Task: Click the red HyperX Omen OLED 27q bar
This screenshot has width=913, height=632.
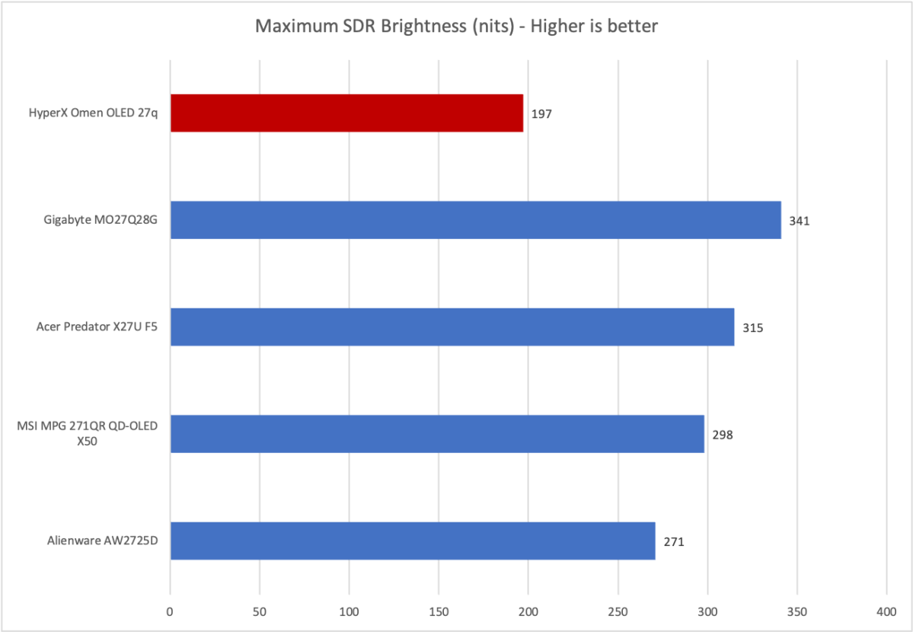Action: point(346,113)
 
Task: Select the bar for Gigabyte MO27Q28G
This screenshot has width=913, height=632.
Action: point(475,220)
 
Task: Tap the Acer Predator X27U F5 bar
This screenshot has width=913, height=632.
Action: point(452,327)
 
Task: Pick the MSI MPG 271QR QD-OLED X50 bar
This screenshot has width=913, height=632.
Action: point(437,434)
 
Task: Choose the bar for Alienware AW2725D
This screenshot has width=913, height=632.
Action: point(413,541)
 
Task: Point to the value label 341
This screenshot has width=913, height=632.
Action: point(800,222)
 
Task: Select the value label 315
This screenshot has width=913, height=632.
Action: point(752,328)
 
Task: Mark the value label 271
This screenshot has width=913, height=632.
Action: point(674,542)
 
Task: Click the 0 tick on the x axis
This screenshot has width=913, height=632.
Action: point(171,611)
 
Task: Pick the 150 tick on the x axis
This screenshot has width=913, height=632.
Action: point(439,611)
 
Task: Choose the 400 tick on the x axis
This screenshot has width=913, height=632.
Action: point(886,611)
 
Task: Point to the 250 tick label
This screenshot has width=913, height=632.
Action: point(618,611)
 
